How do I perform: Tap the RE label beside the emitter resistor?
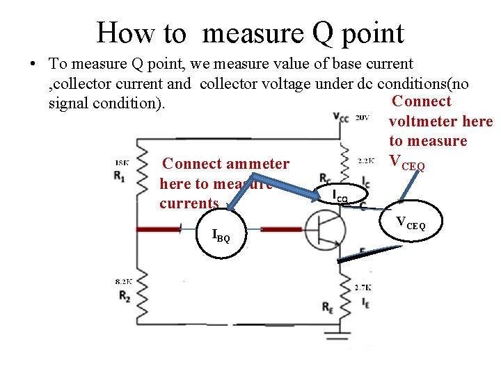tap(328, 306)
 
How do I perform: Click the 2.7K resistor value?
tap(363, 287)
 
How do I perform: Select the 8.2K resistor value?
tap(123, 281)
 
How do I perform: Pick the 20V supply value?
tap(362, 118)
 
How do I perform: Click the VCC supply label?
tap(341, 117)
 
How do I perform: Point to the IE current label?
tap(365, 303)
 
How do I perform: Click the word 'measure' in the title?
tap(257, 33)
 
